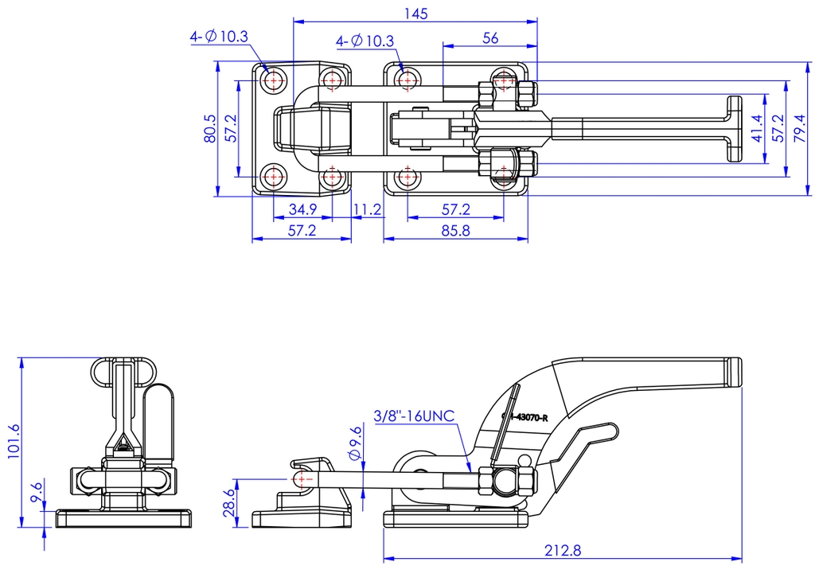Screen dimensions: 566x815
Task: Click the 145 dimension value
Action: pyautogui.click(x=415, y=13)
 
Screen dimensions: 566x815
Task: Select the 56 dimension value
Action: pyautogui.click(x=490, y=37)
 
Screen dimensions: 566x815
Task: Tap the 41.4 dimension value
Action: pyautogui.click(x=756, y=128)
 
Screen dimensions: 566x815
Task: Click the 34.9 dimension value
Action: pyautogui.click(x=302, y=210)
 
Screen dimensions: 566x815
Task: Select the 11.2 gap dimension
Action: pyautogui.click(x=368, y=210)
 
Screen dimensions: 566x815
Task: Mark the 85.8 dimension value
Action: pyautogui.click(x=455, y=231)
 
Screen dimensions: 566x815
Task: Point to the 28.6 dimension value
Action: pyautogui.click(x=229, y=503)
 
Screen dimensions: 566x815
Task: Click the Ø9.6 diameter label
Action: pyautogui.click(x=355, y=442)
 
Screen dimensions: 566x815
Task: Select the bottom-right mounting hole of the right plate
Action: pyautogui.click(x=504, y=175)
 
